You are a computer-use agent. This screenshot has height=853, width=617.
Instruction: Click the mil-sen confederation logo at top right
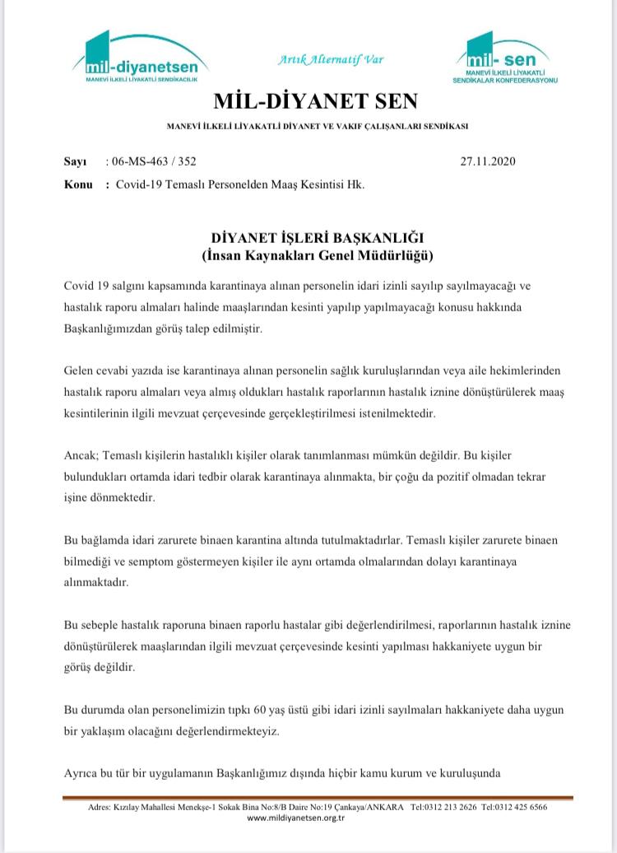pyautogui.click(x=504, y=60)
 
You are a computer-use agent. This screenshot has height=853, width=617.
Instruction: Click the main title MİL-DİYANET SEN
pyautogui.click(x=315, y=101)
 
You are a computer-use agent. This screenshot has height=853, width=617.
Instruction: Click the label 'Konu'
pyautogui.click(x=78, y=184)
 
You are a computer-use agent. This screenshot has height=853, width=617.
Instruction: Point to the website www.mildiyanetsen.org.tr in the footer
pyautogui.click(x=307, y=818)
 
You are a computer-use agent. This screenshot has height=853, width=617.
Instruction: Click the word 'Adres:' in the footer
pyautogui.click(x=100, y=808)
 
